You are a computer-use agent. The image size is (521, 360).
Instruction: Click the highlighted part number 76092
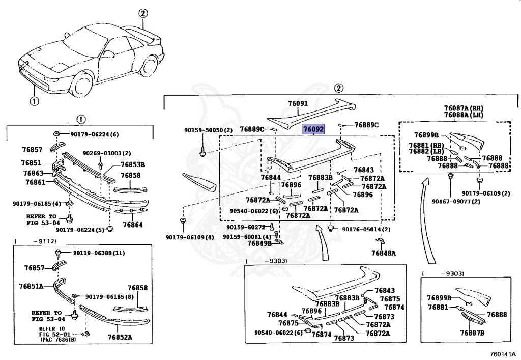[313, 129]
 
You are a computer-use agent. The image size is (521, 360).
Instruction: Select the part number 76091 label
[298, 103]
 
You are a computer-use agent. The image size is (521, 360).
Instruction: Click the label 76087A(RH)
[462, 108]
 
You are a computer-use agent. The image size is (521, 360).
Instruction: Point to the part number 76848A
[383, 253]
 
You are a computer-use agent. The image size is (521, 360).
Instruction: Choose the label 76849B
[259, 243]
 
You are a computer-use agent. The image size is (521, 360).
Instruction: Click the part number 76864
[131, 224]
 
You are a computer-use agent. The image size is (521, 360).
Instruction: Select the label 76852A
[120, 337]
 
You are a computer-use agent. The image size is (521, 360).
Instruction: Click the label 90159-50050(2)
[208, 130]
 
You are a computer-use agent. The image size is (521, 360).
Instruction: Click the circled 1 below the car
[34, 101]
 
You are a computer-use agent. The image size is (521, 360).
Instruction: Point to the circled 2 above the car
[143, 14]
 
